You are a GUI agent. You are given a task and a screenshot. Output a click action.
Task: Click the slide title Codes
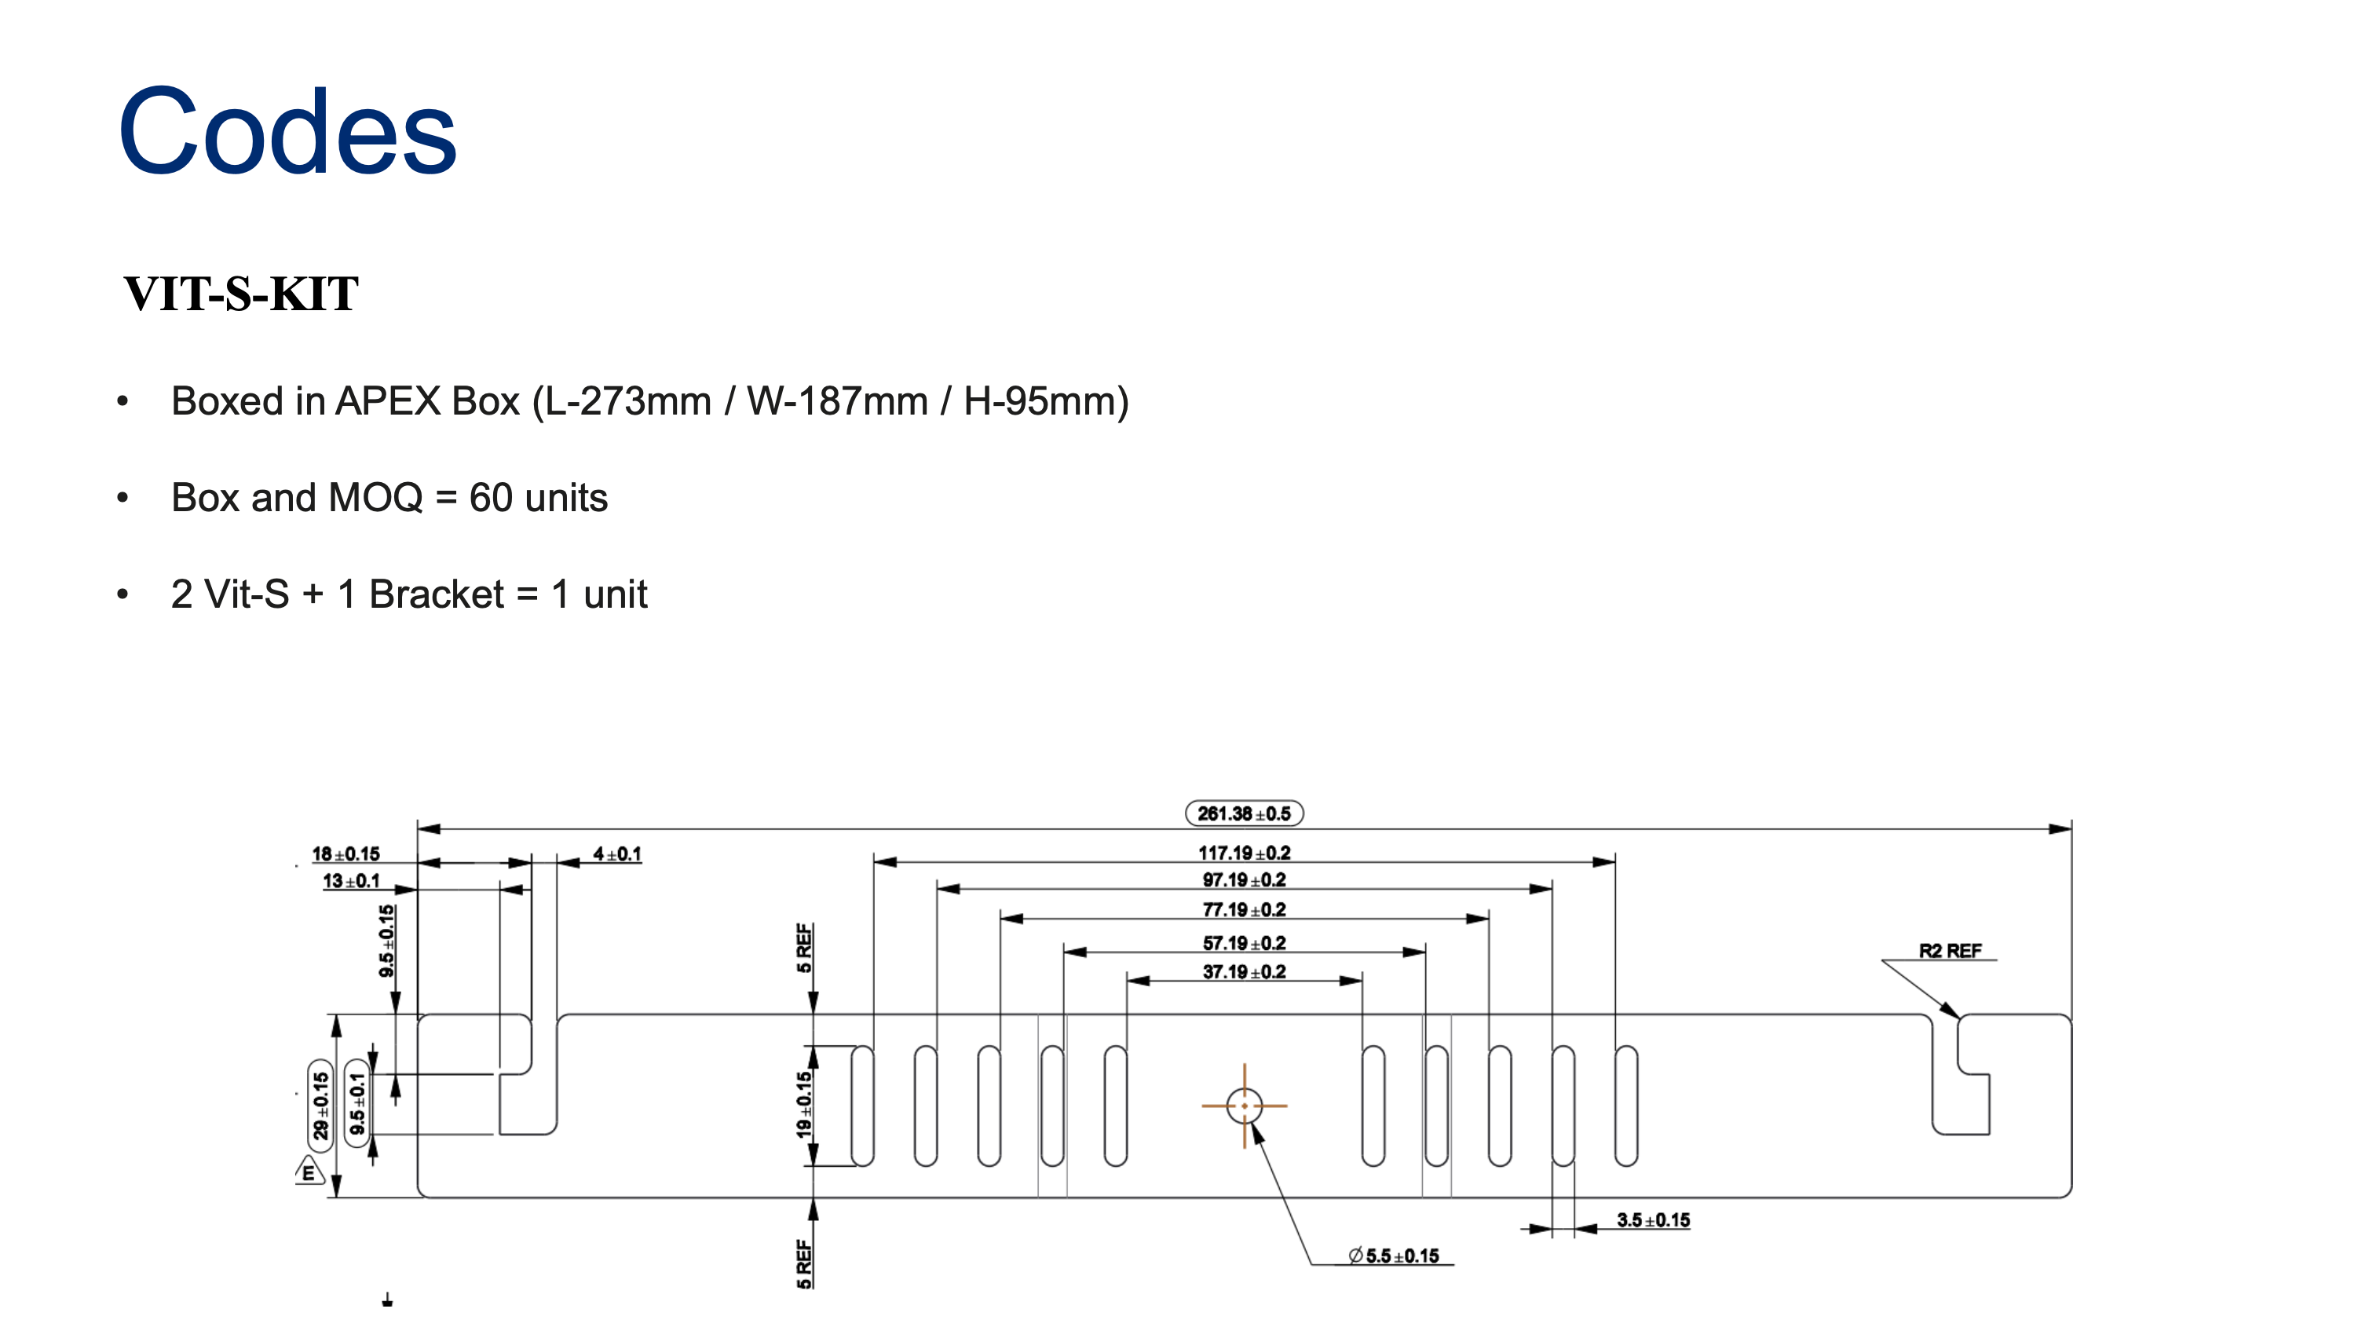tap(287, 132)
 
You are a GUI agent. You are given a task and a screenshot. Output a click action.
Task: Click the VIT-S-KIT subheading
tap(241, 294)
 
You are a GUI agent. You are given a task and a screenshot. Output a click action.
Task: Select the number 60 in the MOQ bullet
tap(490, 498)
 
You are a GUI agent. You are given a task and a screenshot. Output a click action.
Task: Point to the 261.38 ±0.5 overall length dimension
tap(1244, 813)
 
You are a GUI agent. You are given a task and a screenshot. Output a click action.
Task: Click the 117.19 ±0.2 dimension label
tap(1244, 853)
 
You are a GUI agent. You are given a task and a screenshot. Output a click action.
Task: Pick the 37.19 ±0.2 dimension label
tap(1244, 971)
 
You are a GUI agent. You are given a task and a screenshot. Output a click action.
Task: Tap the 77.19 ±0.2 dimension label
tap(1244, 910)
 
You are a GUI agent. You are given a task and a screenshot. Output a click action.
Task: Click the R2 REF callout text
tap(1949, 950)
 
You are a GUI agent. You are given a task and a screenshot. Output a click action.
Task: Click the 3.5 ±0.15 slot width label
tap(1653, 1220)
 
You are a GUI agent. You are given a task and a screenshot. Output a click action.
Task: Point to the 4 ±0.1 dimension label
tap(617, 854)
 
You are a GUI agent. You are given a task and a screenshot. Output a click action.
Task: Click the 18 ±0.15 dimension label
tap(346, 854)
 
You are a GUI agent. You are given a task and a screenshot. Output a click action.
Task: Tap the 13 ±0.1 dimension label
tap(351, 880)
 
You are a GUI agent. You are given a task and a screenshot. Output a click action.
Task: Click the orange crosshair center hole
tap(1244, 1105)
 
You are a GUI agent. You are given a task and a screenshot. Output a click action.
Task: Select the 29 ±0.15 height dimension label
tap(320, 1105)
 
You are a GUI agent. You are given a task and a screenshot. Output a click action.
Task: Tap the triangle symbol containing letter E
tap(309, 1172)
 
